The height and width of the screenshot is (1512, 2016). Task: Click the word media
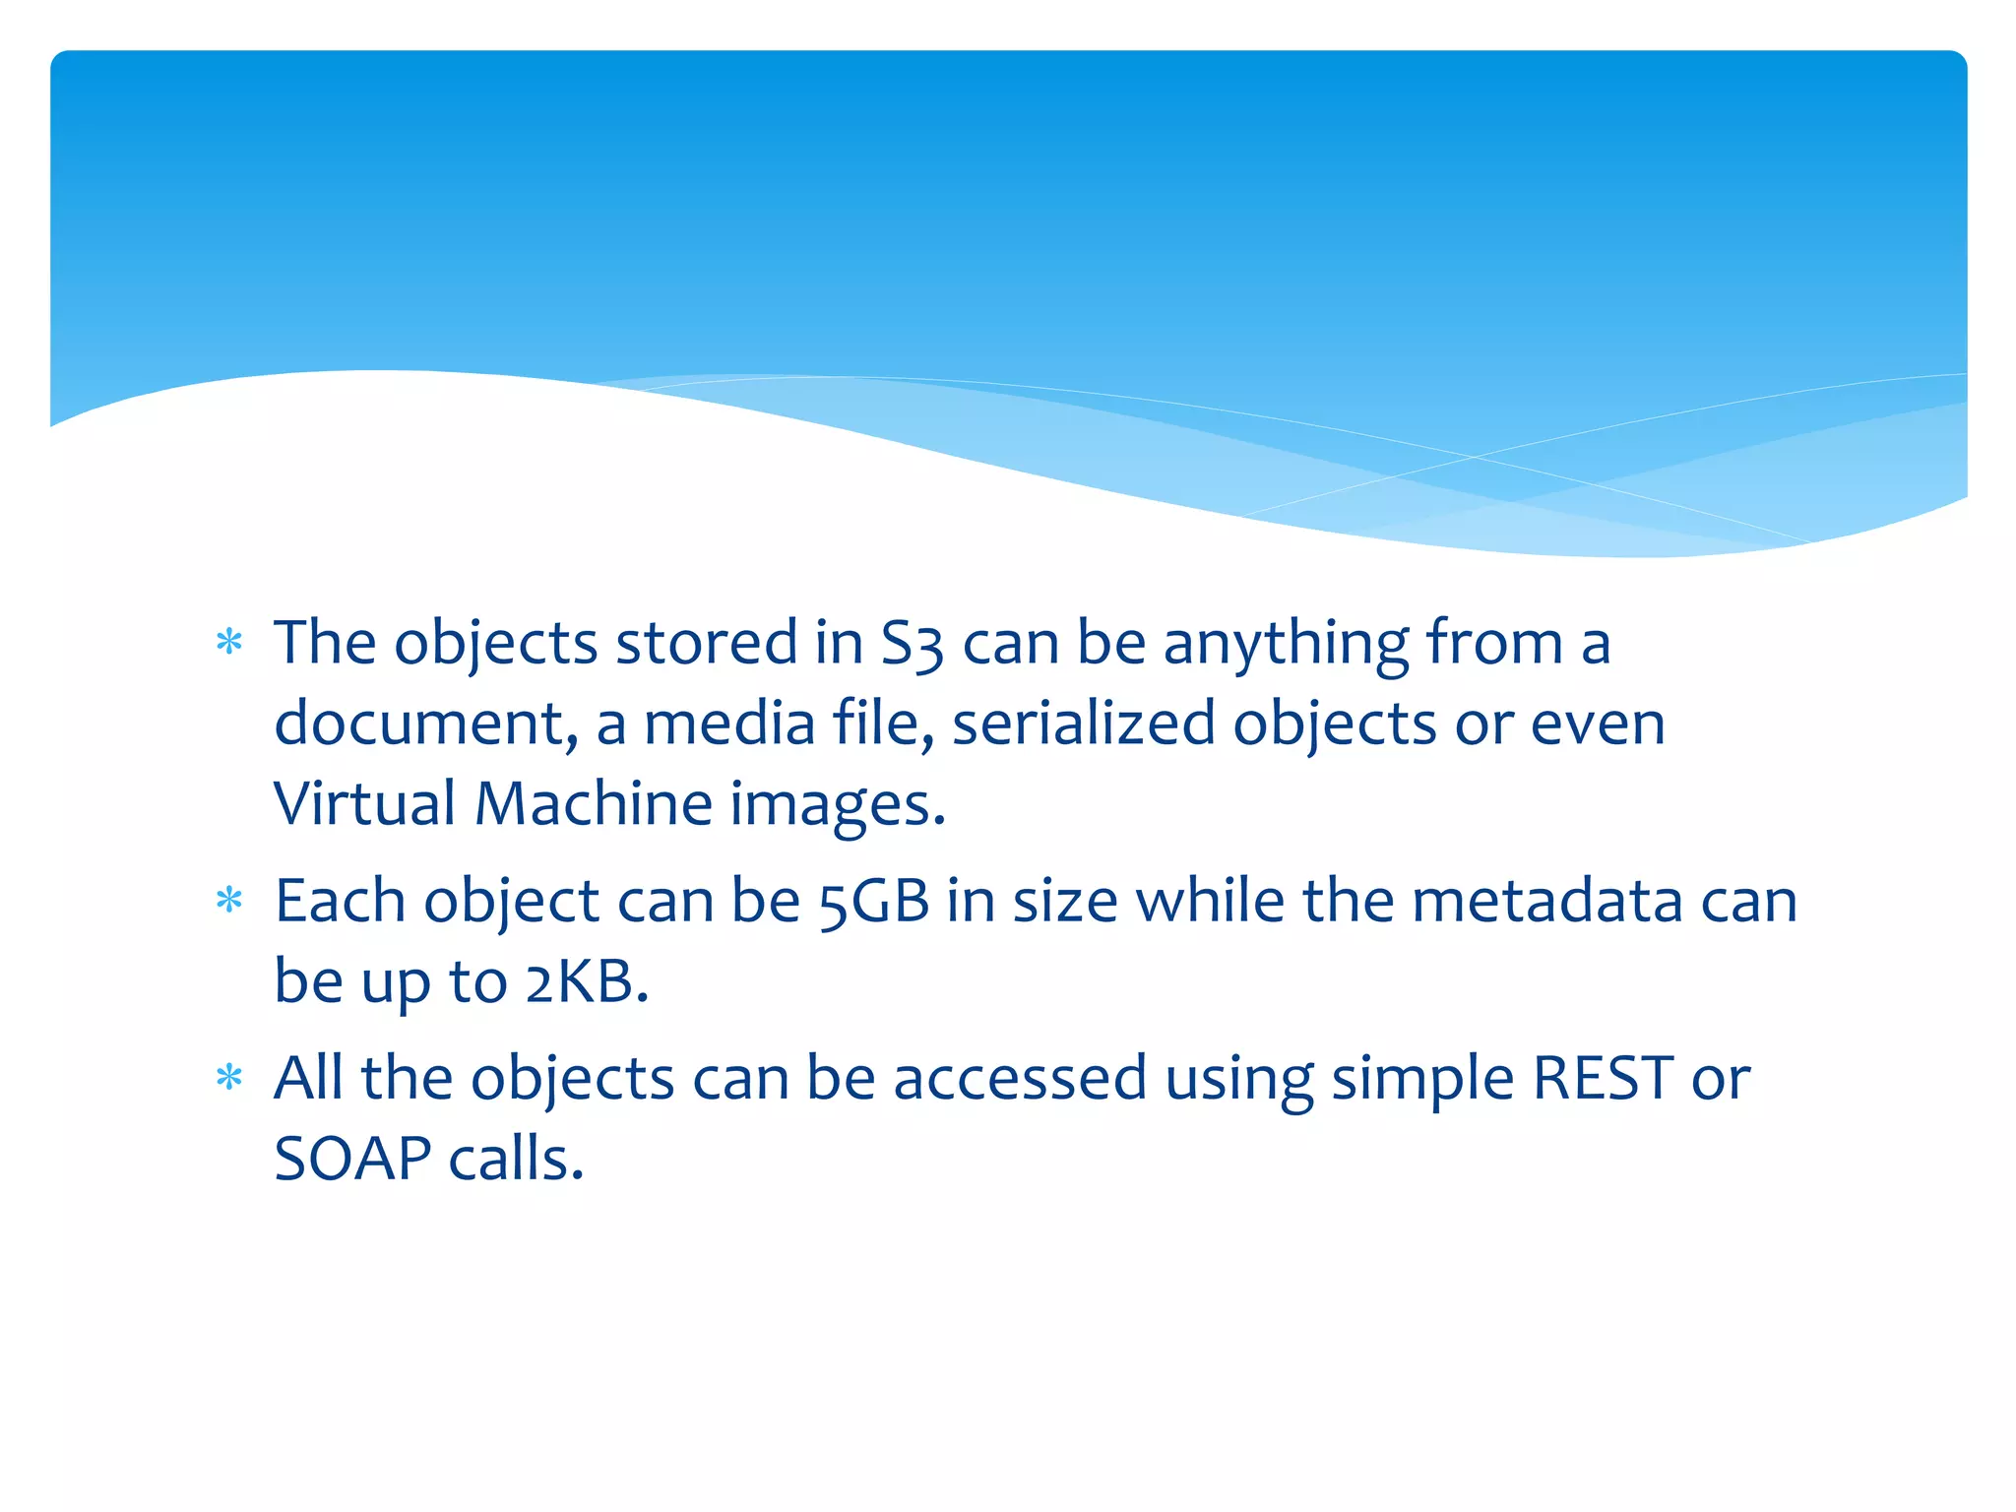(729, 724)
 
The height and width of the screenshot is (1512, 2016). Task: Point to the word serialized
(1084, 724)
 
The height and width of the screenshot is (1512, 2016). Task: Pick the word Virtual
(364, 804)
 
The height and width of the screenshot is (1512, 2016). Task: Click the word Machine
(594, 804)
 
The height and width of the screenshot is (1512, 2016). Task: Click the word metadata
(1546, 902)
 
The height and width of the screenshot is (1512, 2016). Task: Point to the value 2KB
(587, 982)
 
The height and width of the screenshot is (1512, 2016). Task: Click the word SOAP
(352, 1159)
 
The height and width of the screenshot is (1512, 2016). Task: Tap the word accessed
(1020, 1078)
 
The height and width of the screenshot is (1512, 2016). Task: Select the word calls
(516, 1159)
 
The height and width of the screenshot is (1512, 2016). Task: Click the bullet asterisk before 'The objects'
(229, 643)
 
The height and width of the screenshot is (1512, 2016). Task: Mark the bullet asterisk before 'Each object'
(229, 900)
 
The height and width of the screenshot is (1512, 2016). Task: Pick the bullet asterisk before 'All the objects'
(229, 1077)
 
